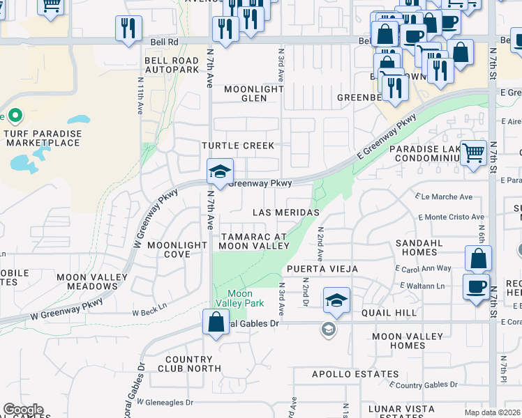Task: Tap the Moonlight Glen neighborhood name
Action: [254, 94]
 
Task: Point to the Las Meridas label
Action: [285, 212]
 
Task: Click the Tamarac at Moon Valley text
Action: [253, 241]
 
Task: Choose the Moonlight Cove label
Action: [177, 249]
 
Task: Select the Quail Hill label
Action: [389, 313]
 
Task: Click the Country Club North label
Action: [189, 364]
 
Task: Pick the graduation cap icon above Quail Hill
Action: [336, 300]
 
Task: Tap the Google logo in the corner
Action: [23, 410]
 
